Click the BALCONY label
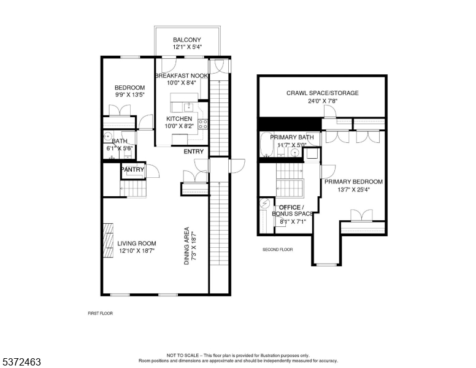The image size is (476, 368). coord(187,40)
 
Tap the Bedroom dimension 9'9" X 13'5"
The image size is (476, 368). coord(129,94)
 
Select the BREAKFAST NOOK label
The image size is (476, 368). coord(182,75)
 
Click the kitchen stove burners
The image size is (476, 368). coord(203,124)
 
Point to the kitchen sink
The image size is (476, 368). coord(189,107)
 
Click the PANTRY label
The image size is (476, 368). coord(132,169)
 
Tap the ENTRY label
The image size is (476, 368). coord(194,151)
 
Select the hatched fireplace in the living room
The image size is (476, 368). coord(108,240)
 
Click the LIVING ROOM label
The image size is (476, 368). coord(137,243)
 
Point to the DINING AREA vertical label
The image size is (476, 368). coord(186,246)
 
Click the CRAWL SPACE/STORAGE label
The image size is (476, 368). coord(323,93)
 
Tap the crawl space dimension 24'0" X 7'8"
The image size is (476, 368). coord(323,101)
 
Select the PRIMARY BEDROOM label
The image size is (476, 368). coord(354,182)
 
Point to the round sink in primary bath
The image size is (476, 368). coord(294,153)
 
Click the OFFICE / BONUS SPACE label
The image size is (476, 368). coord(292,210)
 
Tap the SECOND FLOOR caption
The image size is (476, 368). coord(277,250)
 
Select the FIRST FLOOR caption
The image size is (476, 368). coord(100,313)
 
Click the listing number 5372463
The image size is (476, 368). coord(21,362)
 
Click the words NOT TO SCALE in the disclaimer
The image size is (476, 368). coord(182,355)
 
